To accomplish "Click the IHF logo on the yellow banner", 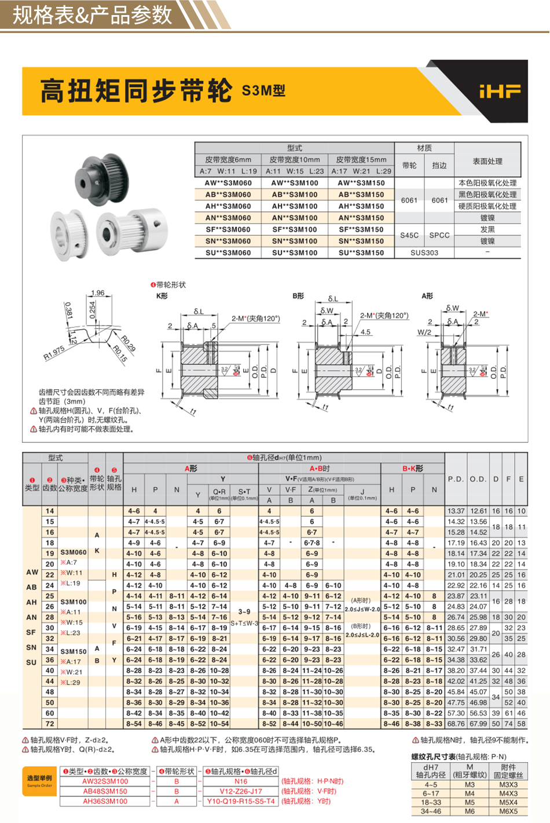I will tap(499, 91).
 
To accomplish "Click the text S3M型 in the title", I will tap(263, 91).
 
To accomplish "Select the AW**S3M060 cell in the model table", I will tap(228, 183).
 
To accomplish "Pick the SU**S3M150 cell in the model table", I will tap(361, 253).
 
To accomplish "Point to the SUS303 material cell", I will tap(424, 253).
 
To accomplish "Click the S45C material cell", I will tap(409, 235).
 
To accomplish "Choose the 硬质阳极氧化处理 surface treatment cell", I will tap(487, 206).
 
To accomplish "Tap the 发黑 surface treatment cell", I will tap(487, 229).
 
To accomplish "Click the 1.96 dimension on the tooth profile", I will tap(98, 293).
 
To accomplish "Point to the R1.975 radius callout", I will tap(54, 353).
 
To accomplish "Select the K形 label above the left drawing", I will tap(162, 296).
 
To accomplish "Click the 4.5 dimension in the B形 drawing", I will tap(365, 332).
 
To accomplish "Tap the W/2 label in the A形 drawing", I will tap(424, 332).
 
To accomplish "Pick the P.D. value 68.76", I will tap(456, 723).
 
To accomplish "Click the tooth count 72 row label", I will tap(50, 723).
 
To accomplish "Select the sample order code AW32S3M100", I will tap(105, 781).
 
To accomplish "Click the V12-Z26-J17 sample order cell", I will tap(241, 791).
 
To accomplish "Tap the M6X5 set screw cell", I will tap(508, 811).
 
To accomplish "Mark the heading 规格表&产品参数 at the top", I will tap(93, 15).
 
